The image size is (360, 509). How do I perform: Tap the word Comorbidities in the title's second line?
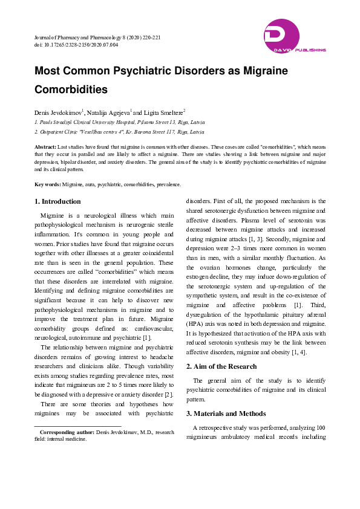tap(71, 89)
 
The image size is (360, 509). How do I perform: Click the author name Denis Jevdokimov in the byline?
tap(57, 112)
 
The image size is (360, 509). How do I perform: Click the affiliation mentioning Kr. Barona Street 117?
tap(119, 131)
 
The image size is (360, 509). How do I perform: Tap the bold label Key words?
tap(48, 184)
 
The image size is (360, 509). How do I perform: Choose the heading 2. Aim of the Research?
tap(221, 366)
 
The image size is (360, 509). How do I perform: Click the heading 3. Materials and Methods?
tap(226, 413)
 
